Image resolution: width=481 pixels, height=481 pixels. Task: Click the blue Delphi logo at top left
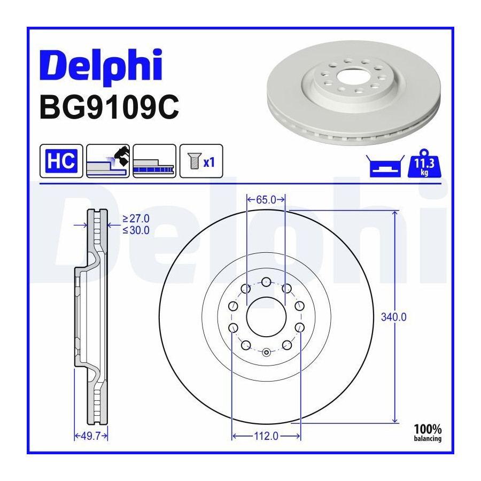[101, 65]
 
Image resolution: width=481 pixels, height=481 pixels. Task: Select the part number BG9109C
[109, 107]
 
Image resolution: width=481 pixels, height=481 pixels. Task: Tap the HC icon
[61, 161]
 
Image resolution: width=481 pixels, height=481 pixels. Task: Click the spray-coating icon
[108, 161]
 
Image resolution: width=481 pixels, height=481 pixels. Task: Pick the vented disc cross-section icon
[154, 161]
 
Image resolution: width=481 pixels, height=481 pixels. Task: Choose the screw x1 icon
[201, 161]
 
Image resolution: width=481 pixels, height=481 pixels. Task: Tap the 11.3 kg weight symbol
[424, 164]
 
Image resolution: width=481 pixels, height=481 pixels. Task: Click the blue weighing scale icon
[385, 166]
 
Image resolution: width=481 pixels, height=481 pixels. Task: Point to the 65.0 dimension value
[266, 200]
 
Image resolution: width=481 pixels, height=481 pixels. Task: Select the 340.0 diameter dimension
[393, 317]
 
